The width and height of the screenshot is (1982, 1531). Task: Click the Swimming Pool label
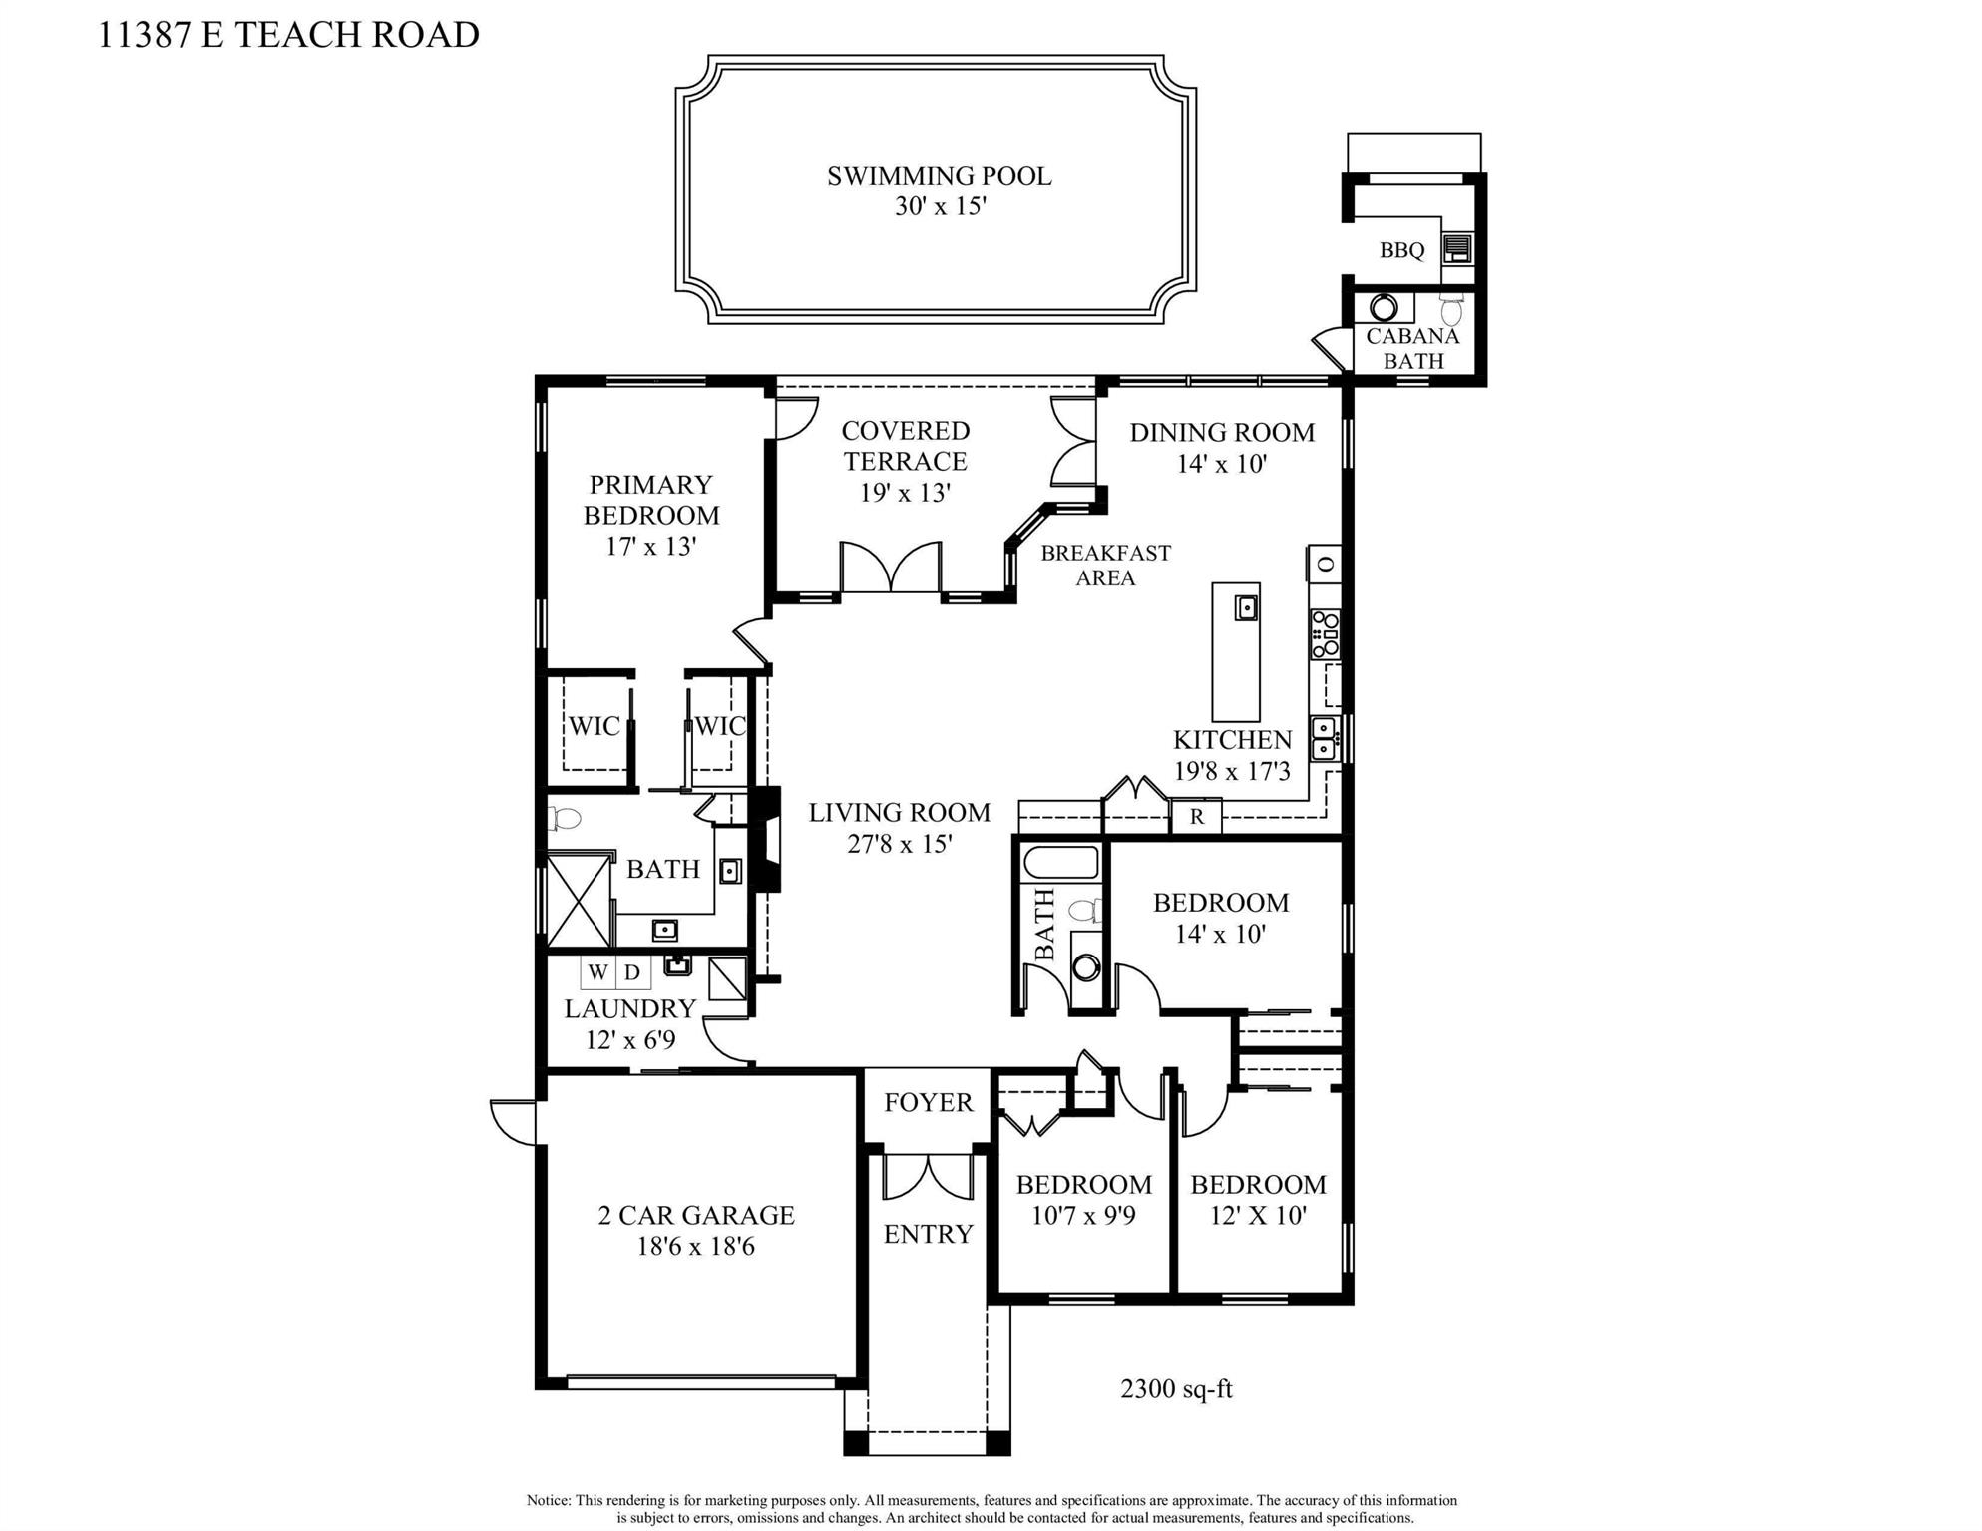point(939,176)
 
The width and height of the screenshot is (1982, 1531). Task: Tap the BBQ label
point(1401,250)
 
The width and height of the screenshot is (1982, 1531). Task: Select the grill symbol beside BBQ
point(1457,248)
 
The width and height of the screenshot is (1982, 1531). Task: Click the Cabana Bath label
point(1412,348)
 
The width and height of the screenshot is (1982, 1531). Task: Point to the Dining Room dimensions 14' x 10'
point(1222,464)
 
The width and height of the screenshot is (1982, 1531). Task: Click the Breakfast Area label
point(1105,565)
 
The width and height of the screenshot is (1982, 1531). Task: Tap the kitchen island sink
point(1245,606)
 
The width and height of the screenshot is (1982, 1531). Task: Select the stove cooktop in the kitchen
point(1325,634)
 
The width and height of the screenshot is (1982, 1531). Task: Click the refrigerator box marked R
point(1196,816)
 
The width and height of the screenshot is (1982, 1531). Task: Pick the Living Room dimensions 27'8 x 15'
point(900,844)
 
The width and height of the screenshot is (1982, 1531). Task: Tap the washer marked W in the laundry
point(597,972)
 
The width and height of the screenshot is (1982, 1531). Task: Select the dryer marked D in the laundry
point(632,972)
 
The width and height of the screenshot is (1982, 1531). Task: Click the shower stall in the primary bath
point(579,899)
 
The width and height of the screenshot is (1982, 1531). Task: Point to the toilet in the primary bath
point(565,819)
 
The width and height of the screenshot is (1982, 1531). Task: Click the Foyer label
point(928,1102)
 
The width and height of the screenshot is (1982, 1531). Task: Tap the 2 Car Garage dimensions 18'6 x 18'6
point(696,1246)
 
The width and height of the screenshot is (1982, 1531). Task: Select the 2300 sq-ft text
point(1176,1388)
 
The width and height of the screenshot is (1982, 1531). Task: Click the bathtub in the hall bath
point(1060,863)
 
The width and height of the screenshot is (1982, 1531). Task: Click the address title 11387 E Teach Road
point(288,34)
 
